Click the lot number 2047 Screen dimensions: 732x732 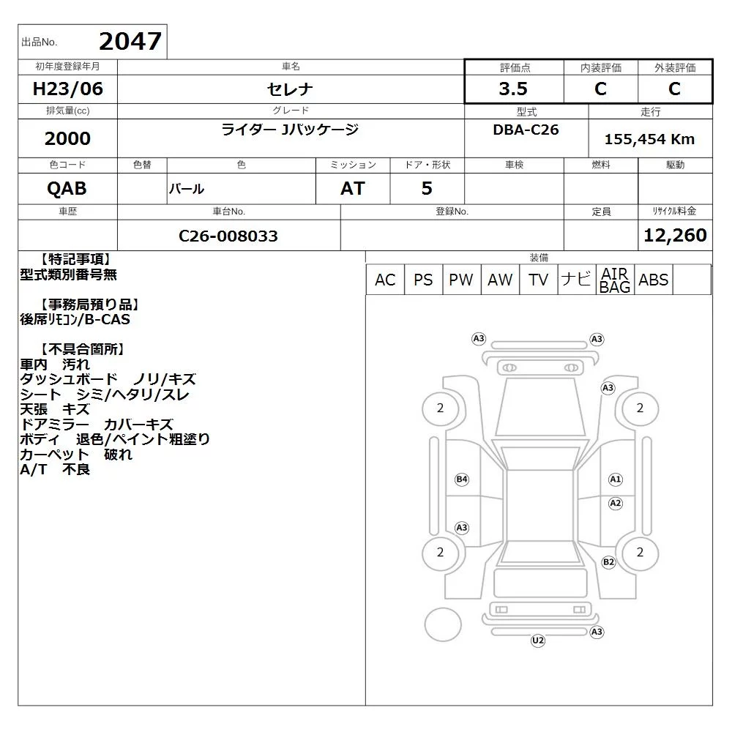130,41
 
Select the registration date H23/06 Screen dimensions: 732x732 67,89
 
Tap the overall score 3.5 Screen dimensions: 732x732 513,89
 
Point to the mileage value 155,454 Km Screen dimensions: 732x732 649,139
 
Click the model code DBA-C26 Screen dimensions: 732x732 526,130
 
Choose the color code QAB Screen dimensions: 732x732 67,189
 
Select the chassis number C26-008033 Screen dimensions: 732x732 228,236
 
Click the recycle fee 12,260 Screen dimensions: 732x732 675,235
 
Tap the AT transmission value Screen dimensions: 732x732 353,189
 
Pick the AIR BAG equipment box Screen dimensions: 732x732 615,280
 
